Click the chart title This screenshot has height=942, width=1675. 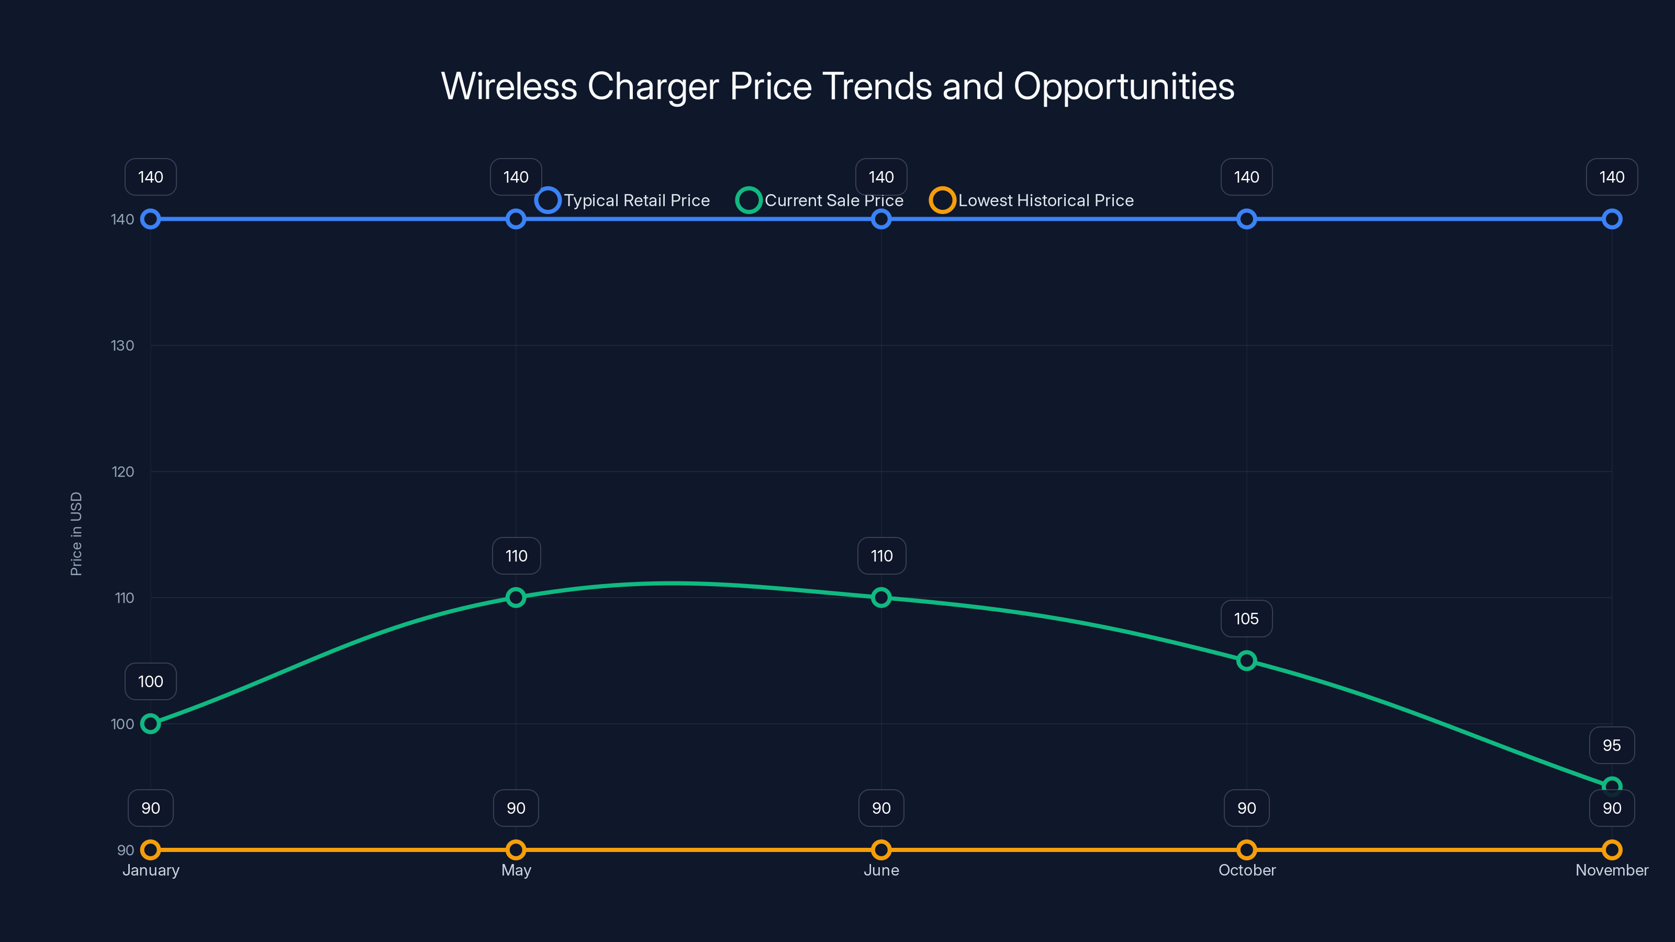(837, 86)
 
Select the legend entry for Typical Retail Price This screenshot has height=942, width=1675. (623, 200)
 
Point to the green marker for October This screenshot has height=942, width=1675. (1246, 660)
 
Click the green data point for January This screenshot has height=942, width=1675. (150, 724)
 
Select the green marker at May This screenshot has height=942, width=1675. (516, 598)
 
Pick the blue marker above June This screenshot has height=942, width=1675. (881, 219)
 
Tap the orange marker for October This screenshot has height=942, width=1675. (1246, 850)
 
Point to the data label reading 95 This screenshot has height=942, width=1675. (1611, 745)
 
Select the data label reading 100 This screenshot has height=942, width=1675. (150, 681)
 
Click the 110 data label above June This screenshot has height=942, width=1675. (881, 556)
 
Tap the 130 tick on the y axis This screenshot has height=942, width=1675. (122, 345)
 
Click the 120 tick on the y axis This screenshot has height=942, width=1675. (122, 472)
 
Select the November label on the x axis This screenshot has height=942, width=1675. (1611, 870)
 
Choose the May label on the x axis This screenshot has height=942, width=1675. (516, 870)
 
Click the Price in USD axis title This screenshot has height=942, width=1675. (76, 534)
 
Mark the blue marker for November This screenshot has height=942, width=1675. (1611, 219)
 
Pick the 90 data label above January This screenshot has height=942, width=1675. (150, 808)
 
